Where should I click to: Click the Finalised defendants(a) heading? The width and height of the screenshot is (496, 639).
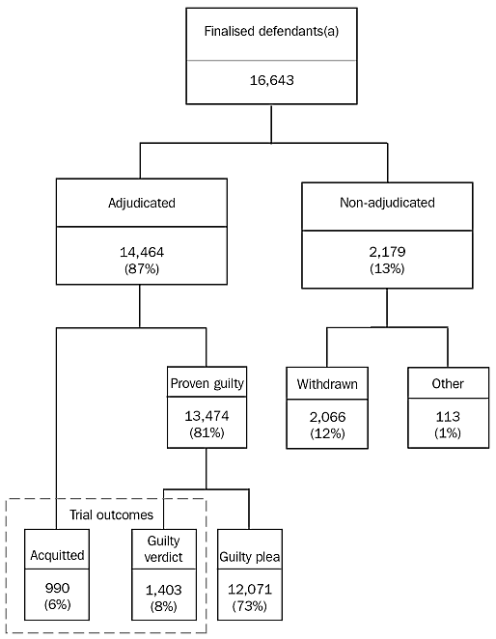pyautogui.click(x=270, y=31)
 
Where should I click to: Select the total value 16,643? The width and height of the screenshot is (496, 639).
pyautogui.click(x=270, y=82)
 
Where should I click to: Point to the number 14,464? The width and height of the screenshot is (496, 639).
pyautogui.click(x=140, y=252)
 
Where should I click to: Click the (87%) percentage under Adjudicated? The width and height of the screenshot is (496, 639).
pyautogui.click(x=140, y=267)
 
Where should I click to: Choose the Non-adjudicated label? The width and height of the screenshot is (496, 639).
pyautogui.click(x=387, y=204)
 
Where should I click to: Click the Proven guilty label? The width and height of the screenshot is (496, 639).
pyautogui.click(x=207, y=383)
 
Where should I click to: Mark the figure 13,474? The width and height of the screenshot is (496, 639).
pyautogui.click(x=207, y=417)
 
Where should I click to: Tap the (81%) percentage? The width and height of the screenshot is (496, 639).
pyautogui.click(x=207, y=432)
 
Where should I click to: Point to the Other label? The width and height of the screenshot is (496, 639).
pyautogui.click(x=448, y=384)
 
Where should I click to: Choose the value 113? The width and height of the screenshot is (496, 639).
pyautogui.click(x=448, y=418)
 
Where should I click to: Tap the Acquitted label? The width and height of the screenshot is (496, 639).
pyautogui.click(x=57, y=555)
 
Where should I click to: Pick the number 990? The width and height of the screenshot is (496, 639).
pyautogui.click(x=57, y=588)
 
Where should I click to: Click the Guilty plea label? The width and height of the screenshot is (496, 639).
pyautogui.click(x=249, y=556)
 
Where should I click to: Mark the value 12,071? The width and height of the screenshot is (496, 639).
pyautogui.click(x=249, y=588)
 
